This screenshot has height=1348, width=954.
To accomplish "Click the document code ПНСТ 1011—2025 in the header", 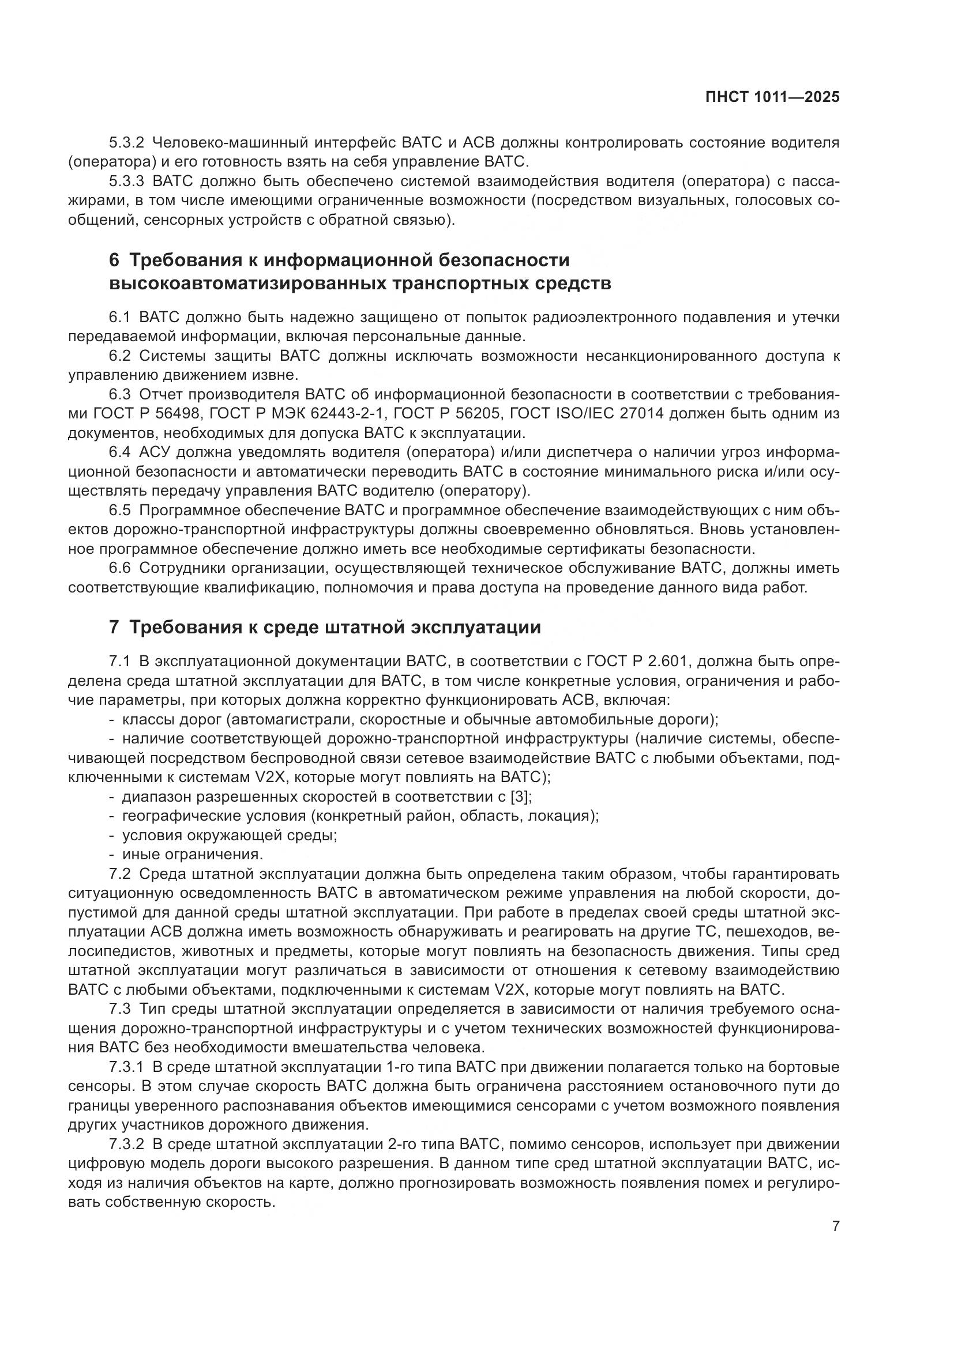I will point(772,97).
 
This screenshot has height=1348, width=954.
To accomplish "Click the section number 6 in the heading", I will point(114,259).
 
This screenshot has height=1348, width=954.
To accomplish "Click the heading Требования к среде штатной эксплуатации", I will point(335,627).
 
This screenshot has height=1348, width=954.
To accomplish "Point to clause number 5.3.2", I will point(126,142).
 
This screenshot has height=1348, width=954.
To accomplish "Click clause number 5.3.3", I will point(126,181).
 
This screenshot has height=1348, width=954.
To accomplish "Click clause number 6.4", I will point(119,452).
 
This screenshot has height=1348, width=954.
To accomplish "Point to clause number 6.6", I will point(119,568).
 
